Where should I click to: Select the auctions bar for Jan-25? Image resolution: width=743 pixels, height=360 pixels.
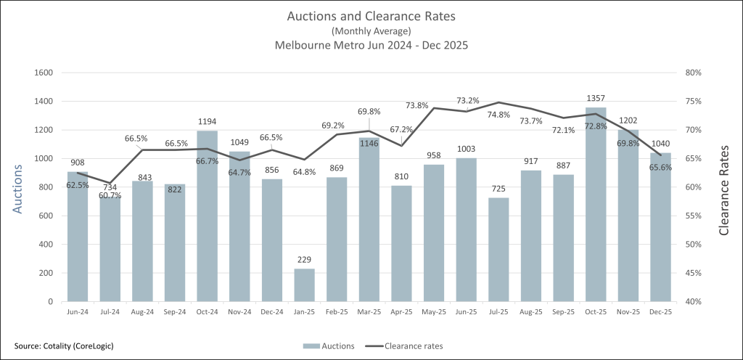pos(304,285)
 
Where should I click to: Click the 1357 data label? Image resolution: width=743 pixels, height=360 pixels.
pos(596,98)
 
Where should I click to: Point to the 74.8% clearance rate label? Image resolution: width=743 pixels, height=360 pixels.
pos(498,115)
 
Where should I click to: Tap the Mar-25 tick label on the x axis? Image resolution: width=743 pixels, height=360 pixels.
pos(369,311)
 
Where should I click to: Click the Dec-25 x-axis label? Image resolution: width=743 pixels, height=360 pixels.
pos(660,311)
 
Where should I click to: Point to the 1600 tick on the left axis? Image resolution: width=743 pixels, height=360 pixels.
pos(45,73)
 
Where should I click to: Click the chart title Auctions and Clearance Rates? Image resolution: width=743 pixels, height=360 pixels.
pos(371,16)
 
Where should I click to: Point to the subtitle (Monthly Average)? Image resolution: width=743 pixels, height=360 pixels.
pos(371,31)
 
